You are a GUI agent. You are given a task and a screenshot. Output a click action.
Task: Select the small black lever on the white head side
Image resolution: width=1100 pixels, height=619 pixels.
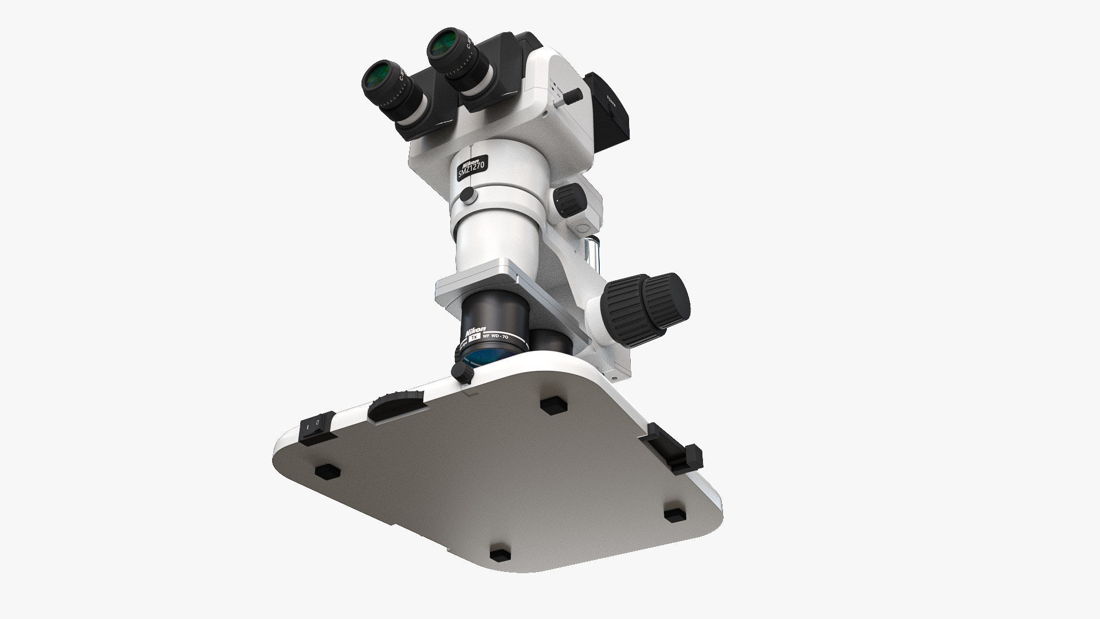(572, 98)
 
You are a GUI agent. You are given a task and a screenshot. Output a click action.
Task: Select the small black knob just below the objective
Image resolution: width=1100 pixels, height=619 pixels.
(462, 373)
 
